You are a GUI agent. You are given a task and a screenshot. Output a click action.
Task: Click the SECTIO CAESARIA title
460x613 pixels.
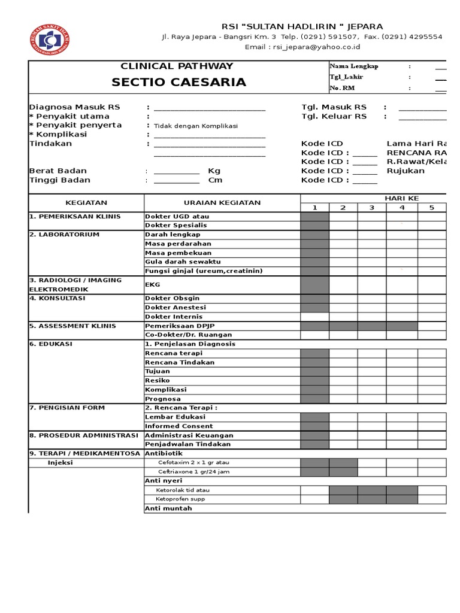click(x=178, y=82)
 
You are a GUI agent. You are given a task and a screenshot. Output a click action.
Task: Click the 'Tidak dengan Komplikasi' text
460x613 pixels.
click(x=196, y=126)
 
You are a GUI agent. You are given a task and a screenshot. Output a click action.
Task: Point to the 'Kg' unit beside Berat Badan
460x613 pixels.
click(x=214, y=171)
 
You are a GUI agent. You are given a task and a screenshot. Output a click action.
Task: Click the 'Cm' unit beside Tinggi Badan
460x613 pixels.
click(x=215, y=180)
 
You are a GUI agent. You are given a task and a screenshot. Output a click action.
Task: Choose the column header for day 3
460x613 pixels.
click(x=371, y=208)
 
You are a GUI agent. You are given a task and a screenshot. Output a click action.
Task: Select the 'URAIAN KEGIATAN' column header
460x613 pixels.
click(x=222, y=202)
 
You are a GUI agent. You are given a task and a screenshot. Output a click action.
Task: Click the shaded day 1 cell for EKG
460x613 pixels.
click(x=314, y=284)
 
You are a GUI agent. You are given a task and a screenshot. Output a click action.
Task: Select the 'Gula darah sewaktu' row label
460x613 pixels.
click(x=183, y=262)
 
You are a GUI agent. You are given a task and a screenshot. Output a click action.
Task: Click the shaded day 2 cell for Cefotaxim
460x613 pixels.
click(x=343, y=463)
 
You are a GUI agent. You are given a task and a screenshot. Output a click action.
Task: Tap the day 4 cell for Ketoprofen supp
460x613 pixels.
click(x=401, y=499)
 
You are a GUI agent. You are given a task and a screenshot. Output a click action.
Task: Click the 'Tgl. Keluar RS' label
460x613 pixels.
click(x=334, y=116)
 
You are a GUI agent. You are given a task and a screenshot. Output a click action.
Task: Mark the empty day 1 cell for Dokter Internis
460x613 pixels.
click(x=314, y=317)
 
